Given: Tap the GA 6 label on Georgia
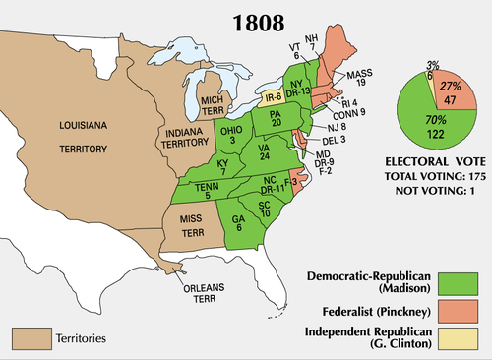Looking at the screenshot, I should point(240,225).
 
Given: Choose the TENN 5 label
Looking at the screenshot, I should point(205,190).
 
